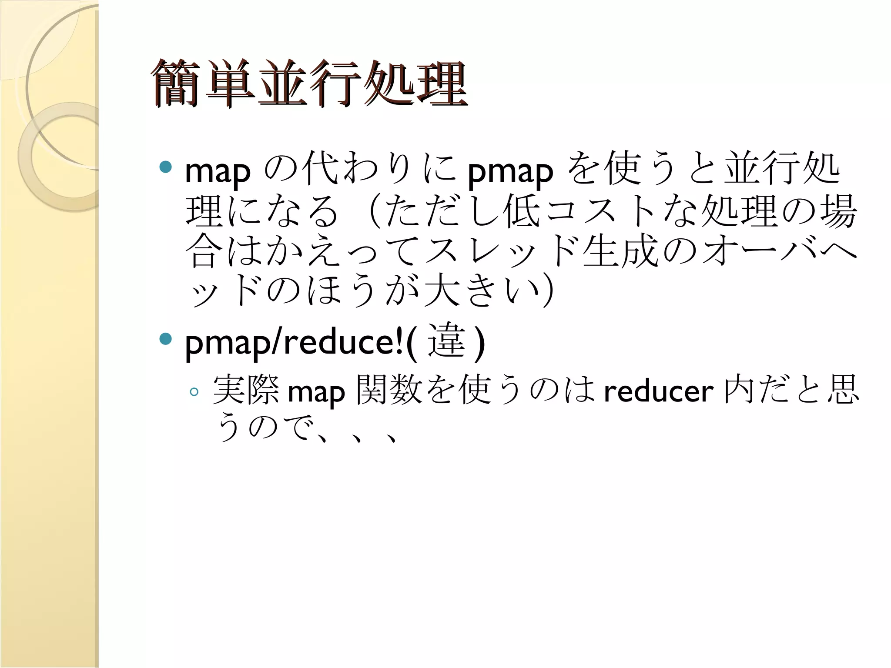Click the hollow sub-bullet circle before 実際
[194, 392]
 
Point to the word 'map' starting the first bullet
[218, 171]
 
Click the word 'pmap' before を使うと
[510, 171]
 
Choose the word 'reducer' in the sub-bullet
[659, 391]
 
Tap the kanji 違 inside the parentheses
[447, 341]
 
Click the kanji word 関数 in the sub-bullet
[389, 390]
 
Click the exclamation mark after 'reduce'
[399, 342]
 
